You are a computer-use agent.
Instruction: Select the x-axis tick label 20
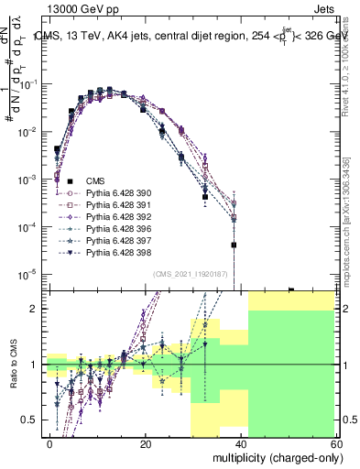(145, 443)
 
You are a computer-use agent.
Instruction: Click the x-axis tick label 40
(240, 443)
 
